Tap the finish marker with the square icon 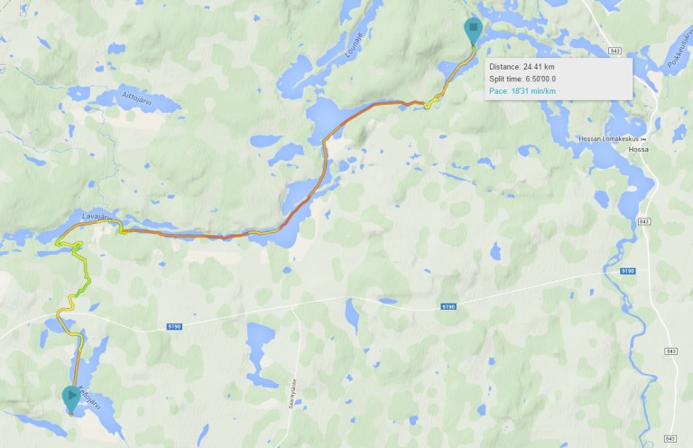472,29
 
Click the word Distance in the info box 504,67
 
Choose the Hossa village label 639,150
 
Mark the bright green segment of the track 83,288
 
